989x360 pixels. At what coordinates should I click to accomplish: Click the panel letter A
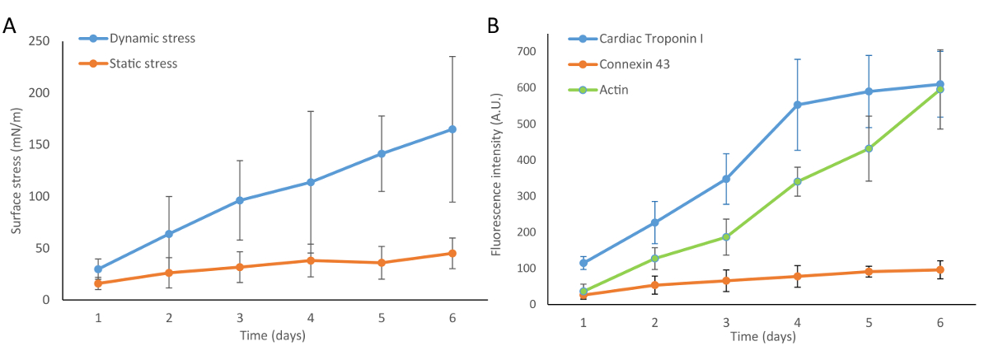click(x=11, y=25)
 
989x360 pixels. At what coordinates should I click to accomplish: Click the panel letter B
click(x=493, y=25)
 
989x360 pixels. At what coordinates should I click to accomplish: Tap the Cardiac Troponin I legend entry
click(x=651, y=39)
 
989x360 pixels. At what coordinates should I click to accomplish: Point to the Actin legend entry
click(x=615, y=89)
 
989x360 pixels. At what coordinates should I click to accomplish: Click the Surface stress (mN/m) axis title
click(x=16, y=171)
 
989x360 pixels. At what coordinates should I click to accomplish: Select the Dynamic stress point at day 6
click(x=452, y=129)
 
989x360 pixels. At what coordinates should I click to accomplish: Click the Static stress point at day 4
click(x=311, y=260)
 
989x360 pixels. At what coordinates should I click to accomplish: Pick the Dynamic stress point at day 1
click(x=98, y=269)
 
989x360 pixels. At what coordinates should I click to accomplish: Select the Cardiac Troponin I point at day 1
click(x=584, y=264)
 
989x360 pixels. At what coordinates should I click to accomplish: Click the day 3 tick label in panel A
click(x=240, y=319)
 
